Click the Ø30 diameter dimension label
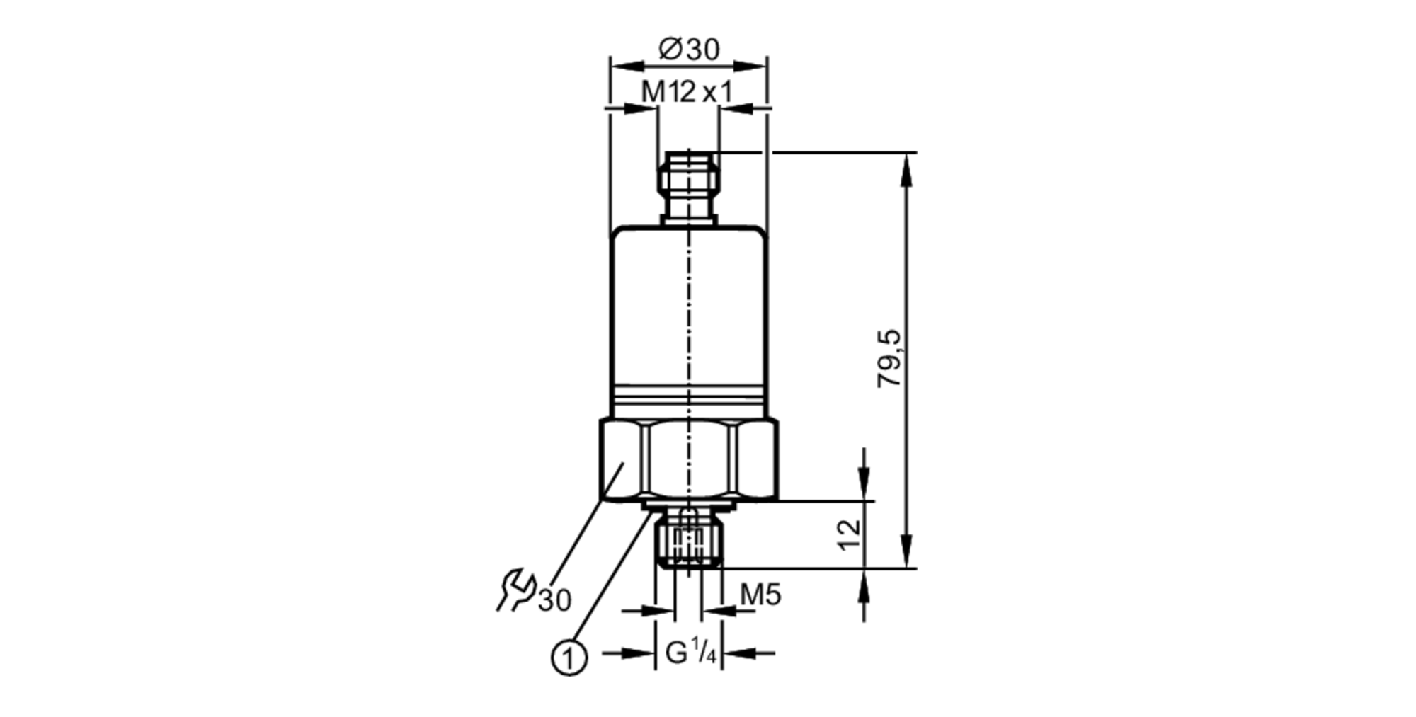coord(688,50)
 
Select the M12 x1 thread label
coord(686,92)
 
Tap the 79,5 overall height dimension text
coord(889,358)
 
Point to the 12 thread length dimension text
coord(849,534)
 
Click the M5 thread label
coord(760,595)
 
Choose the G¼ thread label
coord(690,653)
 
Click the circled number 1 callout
coord(569,658)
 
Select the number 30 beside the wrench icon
coord(554,600)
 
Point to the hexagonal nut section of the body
coord(688,460)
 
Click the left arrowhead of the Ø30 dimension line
coord(626,66)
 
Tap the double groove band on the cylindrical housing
coord(688,395)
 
